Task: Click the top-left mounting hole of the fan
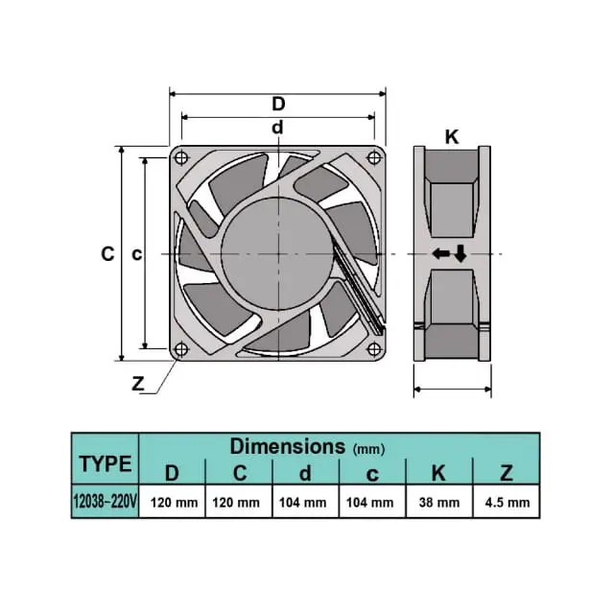181,157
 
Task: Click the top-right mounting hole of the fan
374,157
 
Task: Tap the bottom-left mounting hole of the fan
181,348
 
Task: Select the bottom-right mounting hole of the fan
374,348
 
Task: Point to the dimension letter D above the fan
278,105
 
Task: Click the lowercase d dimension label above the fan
277,128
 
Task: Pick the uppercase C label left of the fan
107,253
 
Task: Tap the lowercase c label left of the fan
136,254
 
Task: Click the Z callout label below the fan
138,384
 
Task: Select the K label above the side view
452,137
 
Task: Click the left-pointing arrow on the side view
441,253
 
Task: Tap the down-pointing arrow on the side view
460,253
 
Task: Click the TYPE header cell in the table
106,463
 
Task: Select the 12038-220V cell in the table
106,501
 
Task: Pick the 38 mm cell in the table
439,503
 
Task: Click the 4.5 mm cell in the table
508,503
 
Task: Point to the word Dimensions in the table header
288,446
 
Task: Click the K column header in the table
438,473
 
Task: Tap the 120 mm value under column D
175,503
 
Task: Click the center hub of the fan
277,254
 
